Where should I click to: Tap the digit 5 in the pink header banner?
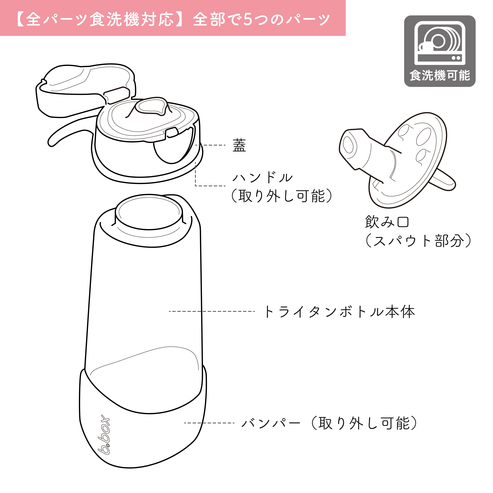248,19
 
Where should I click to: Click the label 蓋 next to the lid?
239,145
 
